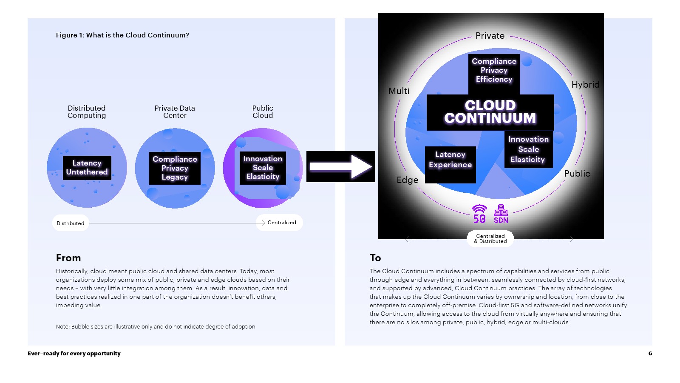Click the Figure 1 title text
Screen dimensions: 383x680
click(122, 35)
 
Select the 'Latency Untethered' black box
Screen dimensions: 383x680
click(87, 168)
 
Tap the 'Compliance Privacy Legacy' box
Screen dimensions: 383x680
click(175, 168)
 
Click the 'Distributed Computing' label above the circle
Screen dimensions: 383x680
click(87, 112)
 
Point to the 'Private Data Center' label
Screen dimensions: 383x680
click(175, 112)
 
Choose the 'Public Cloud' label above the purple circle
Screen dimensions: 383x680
click(263, 112)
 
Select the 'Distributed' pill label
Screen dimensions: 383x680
click(71, 223)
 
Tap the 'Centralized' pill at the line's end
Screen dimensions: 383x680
click(280, 223)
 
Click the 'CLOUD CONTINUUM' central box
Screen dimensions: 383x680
click(490, 112)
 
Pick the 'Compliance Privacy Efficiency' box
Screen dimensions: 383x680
click(494, 71)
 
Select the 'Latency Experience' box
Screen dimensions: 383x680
click(450, 160)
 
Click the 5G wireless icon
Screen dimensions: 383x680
click(479, 214)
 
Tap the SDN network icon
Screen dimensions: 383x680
click(501, 214)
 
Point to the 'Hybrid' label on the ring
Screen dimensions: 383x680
click(585, 85)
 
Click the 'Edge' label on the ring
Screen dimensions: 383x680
click(407, 180)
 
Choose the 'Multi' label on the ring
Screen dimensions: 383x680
click(399, 91)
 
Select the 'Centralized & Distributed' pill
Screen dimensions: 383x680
click(490, 239)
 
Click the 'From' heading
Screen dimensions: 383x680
click(68, 258)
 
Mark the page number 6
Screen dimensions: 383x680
click(650, 353)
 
